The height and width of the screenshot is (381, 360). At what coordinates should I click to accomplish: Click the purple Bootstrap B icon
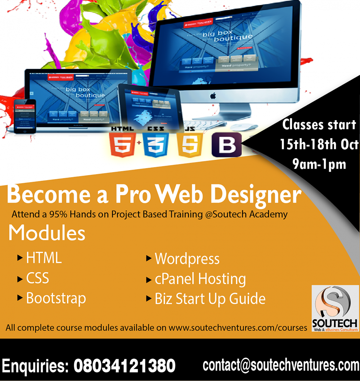(x=227, y=145)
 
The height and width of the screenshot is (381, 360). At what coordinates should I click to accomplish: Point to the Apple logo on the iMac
(x=213, y=96)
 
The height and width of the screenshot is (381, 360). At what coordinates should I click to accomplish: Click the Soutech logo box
(x=335, y=308)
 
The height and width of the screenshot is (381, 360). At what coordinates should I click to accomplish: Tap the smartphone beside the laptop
(x=25, y=116)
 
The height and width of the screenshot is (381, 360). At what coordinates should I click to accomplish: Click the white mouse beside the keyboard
(x=244, y=127)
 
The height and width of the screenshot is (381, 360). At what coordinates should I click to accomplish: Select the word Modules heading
(x=47, y=233)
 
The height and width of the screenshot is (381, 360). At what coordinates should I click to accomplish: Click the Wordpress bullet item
(x=187, y=259)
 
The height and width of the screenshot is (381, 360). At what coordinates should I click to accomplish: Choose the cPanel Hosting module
(x=200, y=279)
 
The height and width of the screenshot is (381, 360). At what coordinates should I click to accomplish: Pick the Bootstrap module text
(x=56, y=298)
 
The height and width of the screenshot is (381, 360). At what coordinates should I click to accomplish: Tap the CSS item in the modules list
(x=38, y=278)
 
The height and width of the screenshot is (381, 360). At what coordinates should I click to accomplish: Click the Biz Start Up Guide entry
(x=210, y=299)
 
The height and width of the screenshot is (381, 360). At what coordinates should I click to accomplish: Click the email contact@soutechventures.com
(x=281, y=365)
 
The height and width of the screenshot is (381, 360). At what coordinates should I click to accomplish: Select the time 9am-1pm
(x=319, y=164)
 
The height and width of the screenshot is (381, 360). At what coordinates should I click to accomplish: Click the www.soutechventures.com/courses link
(x=238, y=328)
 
